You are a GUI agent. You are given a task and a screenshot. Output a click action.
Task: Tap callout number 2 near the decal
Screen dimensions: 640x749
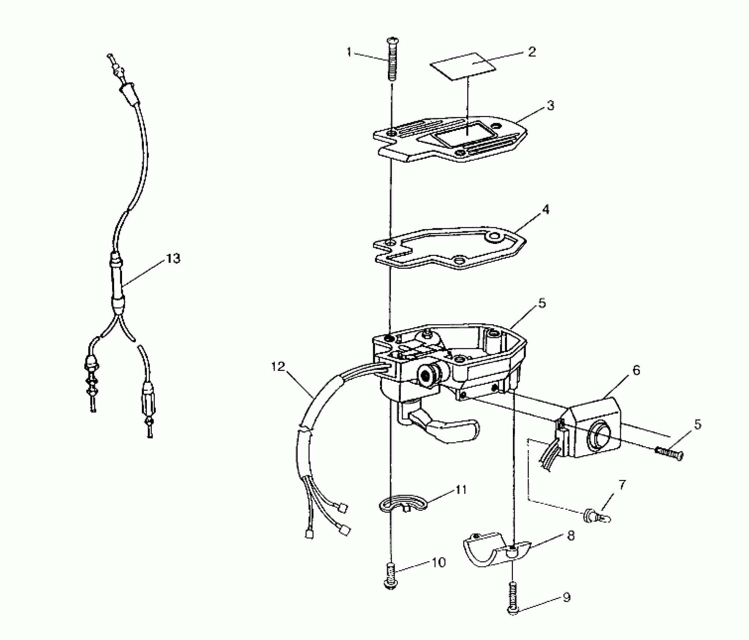tap(531, 52)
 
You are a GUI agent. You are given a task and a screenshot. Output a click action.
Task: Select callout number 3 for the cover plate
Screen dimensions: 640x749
tap(550, 106)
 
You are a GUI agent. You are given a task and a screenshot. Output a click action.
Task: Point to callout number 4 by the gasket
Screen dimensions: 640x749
tap(546, 209)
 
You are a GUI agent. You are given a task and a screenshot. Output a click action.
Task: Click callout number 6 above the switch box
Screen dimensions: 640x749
tap(636, 370)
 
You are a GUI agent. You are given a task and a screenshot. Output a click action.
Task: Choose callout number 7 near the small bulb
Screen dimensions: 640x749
tap(622, 485)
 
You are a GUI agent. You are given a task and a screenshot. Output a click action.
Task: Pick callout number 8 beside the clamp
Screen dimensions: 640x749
tap(571, 536)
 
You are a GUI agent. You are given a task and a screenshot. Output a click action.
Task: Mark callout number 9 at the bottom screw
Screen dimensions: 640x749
tap(566, 597)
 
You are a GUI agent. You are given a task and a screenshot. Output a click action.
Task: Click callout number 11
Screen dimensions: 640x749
tap(461, 490)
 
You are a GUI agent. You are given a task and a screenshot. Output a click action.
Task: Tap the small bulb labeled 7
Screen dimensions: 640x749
tap(597, 517)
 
